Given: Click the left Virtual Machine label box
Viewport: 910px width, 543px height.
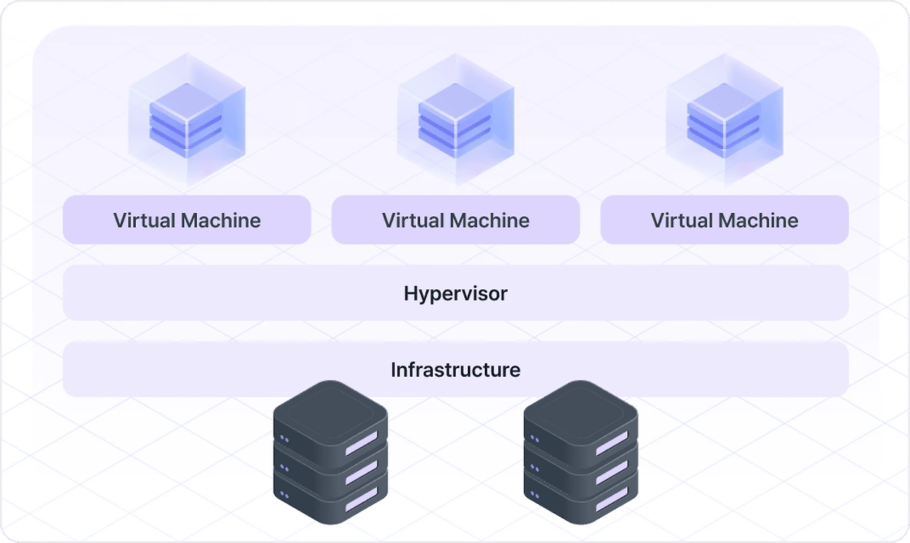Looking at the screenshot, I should [187, 220].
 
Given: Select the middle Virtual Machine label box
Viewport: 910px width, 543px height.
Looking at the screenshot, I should [456, 220].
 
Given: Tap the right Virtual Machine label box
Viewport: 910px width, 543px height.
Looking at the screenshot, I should [724, 220].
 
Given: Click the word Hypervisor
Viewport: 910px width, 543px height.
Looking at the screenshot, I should [456, 293].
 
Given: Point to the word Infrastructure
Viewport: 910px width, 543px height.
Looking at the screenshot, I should [456, 370].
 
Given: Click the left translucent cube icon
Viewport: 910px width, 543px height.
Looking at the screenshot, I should [187, 117].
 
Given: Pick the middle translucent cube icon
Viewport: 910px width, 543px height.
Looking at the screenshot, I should [456, 117].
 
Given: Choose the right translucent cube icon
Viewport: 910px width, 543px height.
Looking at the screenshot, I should [724, 117].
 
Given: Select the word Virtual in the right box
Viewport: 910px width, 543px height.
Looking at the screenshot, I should [681, 220].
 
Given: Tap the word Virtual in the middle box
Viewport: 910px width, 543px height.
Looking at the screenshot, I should [412, 220].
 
